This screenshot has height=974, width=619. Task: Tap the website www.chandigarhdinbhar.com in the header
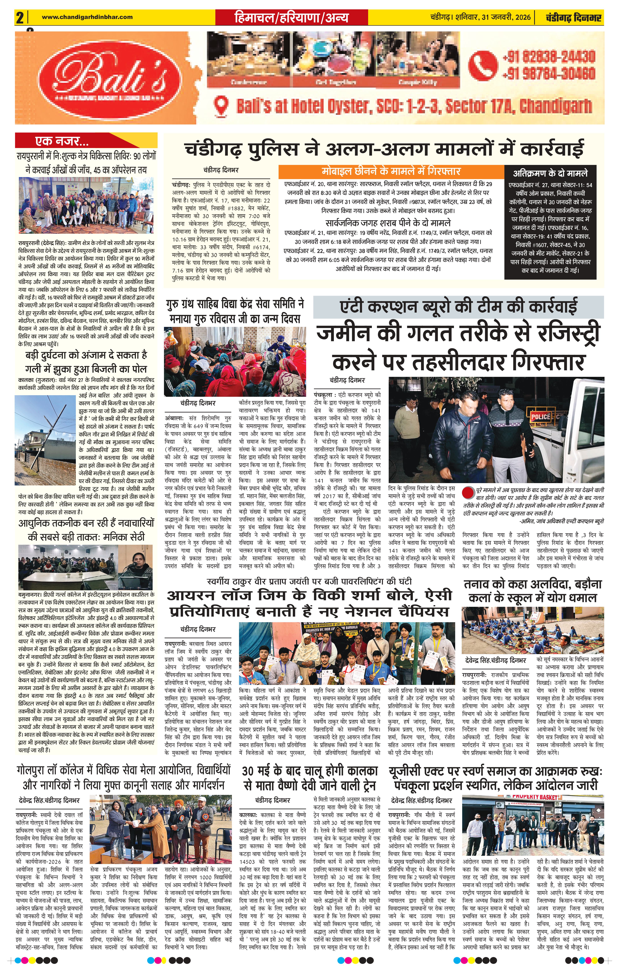(x=87, y=17)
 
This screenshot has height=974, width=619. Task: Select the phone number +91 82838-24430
(x=549, y=56)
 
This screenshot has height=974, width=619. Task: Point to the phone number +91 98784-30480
(x=549, y=74)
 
